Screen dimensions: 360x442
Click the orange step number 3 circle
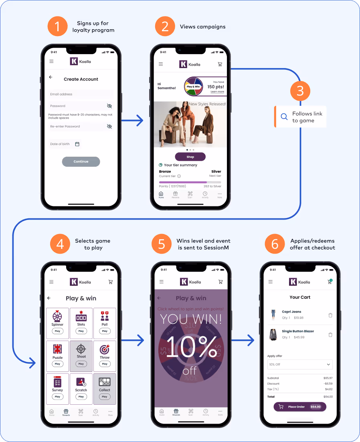300,91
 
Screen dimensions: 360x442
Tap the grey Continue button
81,161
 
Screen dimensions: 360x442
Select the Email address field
81,94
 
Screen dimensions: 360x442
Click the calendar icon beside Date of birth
77,144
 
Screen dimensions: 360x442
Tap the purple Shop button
190,157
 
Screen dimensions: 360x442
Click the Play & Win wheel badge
193,87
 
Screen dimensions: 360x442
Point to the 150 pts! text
216,87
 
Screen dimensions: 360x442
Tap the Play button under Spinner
57,331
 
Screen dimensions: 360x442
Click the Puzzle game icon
57,349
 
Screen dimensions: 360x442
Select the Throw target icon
105,349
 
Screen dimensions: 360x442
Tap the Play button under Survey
57,397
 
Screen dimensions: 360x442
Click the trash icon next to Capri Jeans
330,315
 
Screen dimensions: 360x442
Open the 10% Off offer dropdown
300,364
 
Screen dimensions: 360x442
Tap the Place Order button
300,407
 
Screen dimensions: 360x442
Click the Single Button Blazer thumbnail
273,334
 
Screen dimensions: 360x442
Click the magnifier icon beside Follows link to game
284,117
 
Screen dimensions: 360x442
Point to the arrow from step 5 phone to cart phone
243,341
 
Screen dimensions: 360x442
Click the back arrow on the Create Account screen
51,77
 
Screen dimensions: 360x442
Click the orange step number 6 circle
275,244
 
